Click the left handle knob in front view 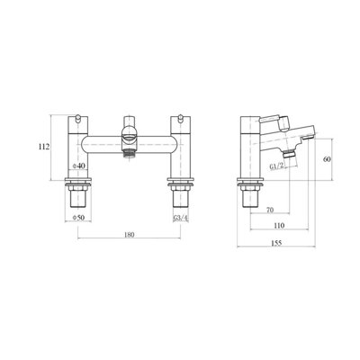coord(79,119)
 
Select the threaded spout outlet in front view coord(129,158)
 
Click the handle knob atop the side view coord(254,119)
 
